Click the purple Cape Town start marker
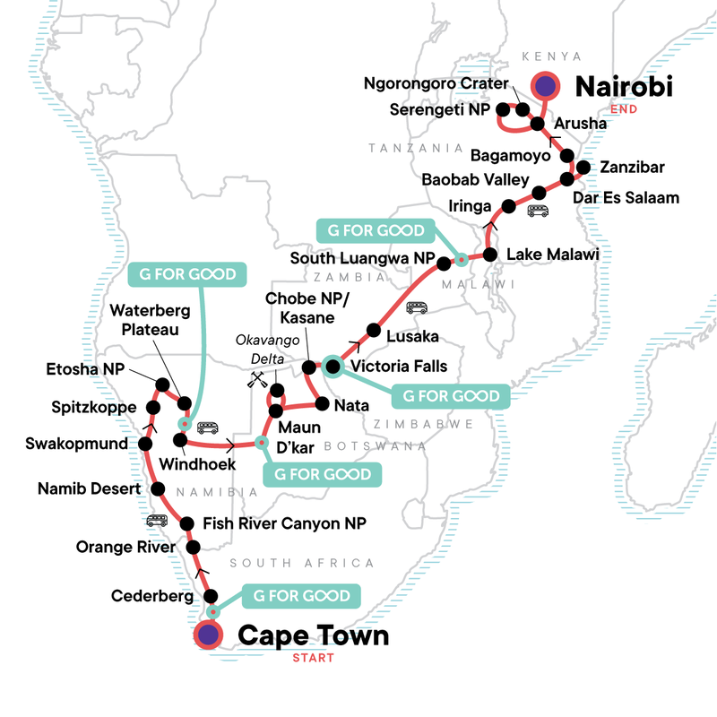[x=209, y=635]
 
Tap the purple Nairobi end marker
[x=546, y=86]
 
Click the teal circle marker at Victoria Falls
[x=333, y=366]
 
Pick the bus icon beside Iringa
[x=538, y=212]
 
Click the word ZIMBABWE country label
[x=408, y=406]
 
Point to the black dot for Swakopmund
[x=145, y=444]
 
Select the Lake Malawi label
[x=552, y=255]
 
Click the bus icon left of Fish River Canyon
[x=157, y=521]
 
